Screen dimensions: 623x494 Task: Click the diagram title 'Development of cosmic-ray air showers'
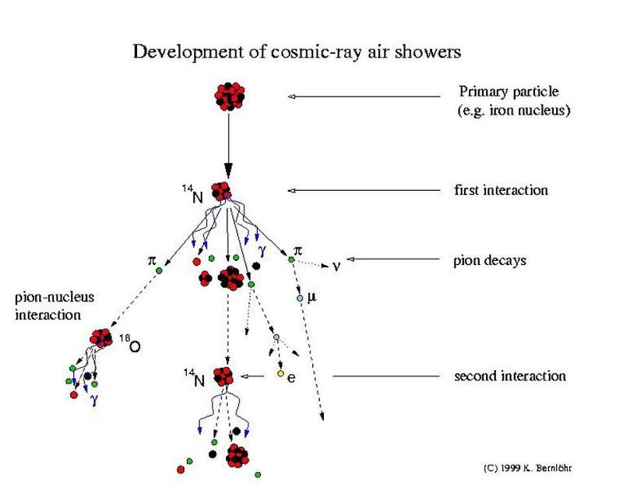pyautogui.click(x=297, y=52)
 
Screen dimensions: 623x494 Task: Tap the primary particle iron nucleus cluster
pyautogui.click(x=229, y=97)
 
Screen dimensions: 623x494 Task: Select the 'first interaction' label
pyautogui.click(x=501, y=190)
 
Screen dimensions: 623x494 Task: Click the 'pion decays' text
pyautogui.click(x=490, y=261)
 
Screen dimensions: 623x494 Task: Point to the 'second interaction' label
pyautogui.click(x=510, y=376)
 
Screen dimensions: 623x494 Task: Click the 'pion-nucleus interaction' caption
pyautogui.click(x=55, y=306)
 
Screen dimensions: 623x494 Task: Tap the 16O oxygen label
pyautogui.click(x=130, y=344)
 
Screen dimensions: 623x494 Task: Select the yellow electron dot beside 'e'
pyautogui.click(x=280, y=373)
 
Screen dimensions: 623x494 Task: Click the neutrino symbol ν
pyautogui.click(x=336, y=266)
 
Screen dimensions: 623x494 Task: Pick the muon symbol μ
pyautogui.click(x=312, y=297)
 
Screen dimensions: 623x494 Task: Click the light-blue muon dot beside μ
pyautogui.click(x=300, y=298)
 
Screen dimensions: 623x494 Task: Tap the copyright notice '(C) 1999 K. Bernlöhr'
pyautogui.click(x=528, y=468)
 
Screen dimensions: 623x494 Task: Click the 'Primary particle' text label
pyautogui.click(x=509, y=91)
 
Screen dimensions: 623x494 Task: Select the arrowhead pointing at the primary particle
pyautogui.click(x=291, y=97)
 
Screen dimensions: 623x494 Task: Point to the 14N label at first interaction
pyautogui.click(x=193, y=193)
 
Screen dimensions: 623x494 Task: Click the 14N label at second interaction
pyautogui.click(x=194, y=378)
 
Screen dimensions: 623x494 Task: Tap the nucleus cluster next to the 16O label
pyautogui.click(x=101, y=338)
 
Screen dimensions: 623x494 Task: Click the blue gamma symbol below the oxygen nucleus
pyautogui.click(x=94, y=400)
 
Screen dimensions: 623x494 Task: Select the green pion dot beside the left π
pyautogui.click(x=159, y=270)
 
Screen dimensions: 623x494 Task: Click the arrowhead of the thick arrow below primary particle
pyautogui.click(x=228, y=171)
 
